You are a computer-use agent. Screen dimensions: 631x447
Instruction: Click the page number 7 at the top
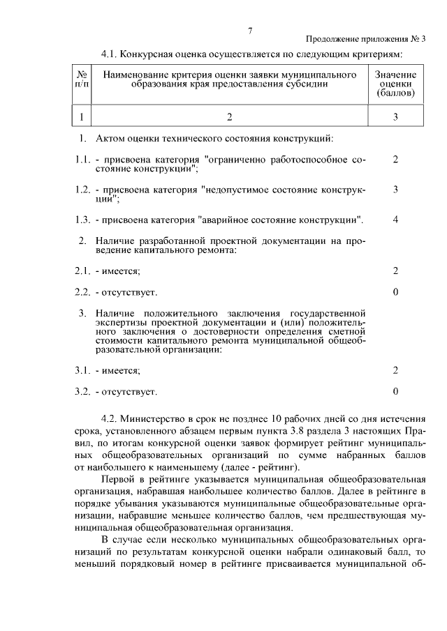249,30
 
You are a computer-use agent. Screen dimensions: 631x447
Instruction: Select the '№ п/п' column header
82,79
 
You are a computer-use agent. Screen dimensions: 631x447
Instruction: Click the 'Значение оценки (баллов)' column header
395,83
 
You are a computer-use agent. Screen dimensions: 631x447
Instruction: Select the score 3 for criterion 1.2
395,189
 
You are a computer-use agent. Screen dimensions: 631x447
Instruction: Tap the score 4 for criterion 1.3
395,220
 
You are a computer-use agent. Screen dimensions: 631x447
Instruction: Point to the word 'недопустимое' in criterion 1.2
235,190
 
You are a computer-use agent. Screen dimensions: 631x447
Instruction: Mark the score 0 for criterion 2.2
395,291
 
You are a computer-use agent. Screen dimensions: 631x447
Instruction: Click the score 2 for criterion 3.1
395,370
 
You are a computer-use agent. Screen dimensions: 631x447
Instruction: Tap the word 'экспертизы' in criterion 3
121,324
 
